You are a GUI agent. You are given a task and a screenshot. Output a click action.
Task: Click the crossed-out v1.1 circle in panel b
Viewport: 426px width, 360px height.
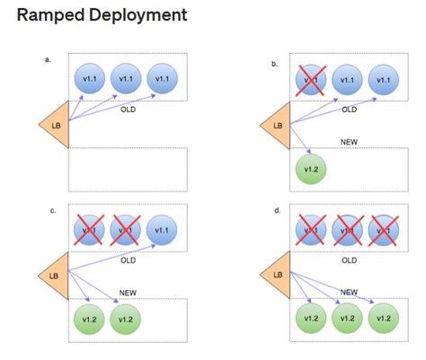310,80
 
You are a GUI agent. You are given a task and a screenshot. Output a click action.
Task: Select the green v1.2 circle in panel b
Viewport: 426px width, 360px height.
310,169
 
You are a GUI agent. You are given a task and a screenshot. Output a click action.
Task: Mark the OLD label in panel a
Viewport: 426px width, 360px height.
129,113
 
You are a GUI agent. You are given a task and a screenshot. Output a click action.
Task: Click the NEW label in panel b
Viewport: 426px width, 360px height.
350,142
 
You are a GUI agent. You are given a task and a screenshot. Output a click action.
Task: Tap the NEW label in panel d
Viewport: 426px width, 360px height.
350,292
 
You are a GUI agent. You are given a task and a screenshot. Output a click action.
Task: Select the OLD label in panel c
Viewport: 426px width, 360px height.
129,262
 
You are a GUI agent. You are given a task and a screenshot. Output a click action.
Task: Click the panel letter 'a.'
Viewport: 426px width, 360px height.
47,59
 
